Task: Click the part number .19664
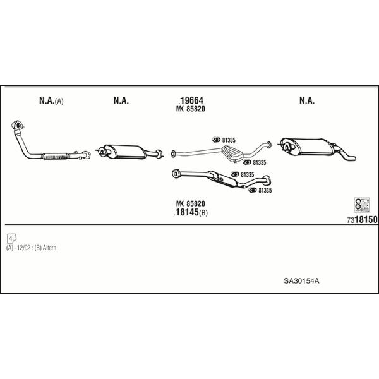(x=191, y=100)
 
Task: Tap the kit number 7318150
(x=362, y=219)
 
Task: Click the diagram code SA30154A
(x=301, y=281)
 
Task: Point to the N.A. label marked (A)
(x=51, y=100)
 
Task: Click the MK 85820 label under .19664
(x=191, y=109)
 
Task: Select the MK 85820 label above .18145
(x=191, y=203)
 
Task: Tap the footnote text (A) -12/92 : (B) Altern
(x=31, y=248)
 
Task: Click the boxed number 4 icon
(x=11, y=238)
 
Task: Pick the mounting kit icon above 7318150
(x=362, y=205)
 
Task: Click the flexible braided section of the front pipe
(x=56, y=156)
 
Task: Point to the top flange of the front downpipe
(x=18, y=126)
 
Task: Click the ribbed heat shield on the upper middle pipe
(x=232, y=153)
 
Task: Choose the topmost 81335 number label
(x=229, y=140)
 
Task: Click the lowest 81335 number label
(x=265, y=191)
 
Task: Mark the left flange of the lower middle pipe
(x=176, y=174)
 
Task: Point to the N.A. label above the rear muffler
(x=307, y=100)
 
